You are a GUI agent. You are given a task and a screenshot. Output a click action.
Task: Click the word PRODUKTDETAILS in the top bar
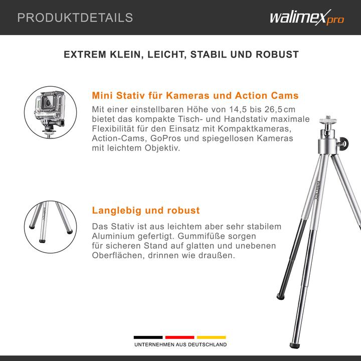[75, 18]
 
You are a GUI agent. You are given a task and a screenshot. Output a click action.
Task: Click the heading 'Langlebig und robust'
[146, 210]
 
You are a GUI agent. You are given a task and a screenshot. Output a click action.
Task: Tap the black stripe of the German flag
[148, 337]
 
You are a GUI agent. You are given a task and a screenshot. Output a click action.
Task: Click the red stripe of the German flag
[180, 337]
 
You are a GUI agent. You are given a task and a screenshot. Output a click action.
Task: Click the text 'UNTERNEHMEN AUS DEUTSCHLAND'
[180, 345]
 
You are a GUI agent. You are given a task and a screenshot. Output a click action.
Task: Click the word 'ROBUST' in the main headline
[277, 54]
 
